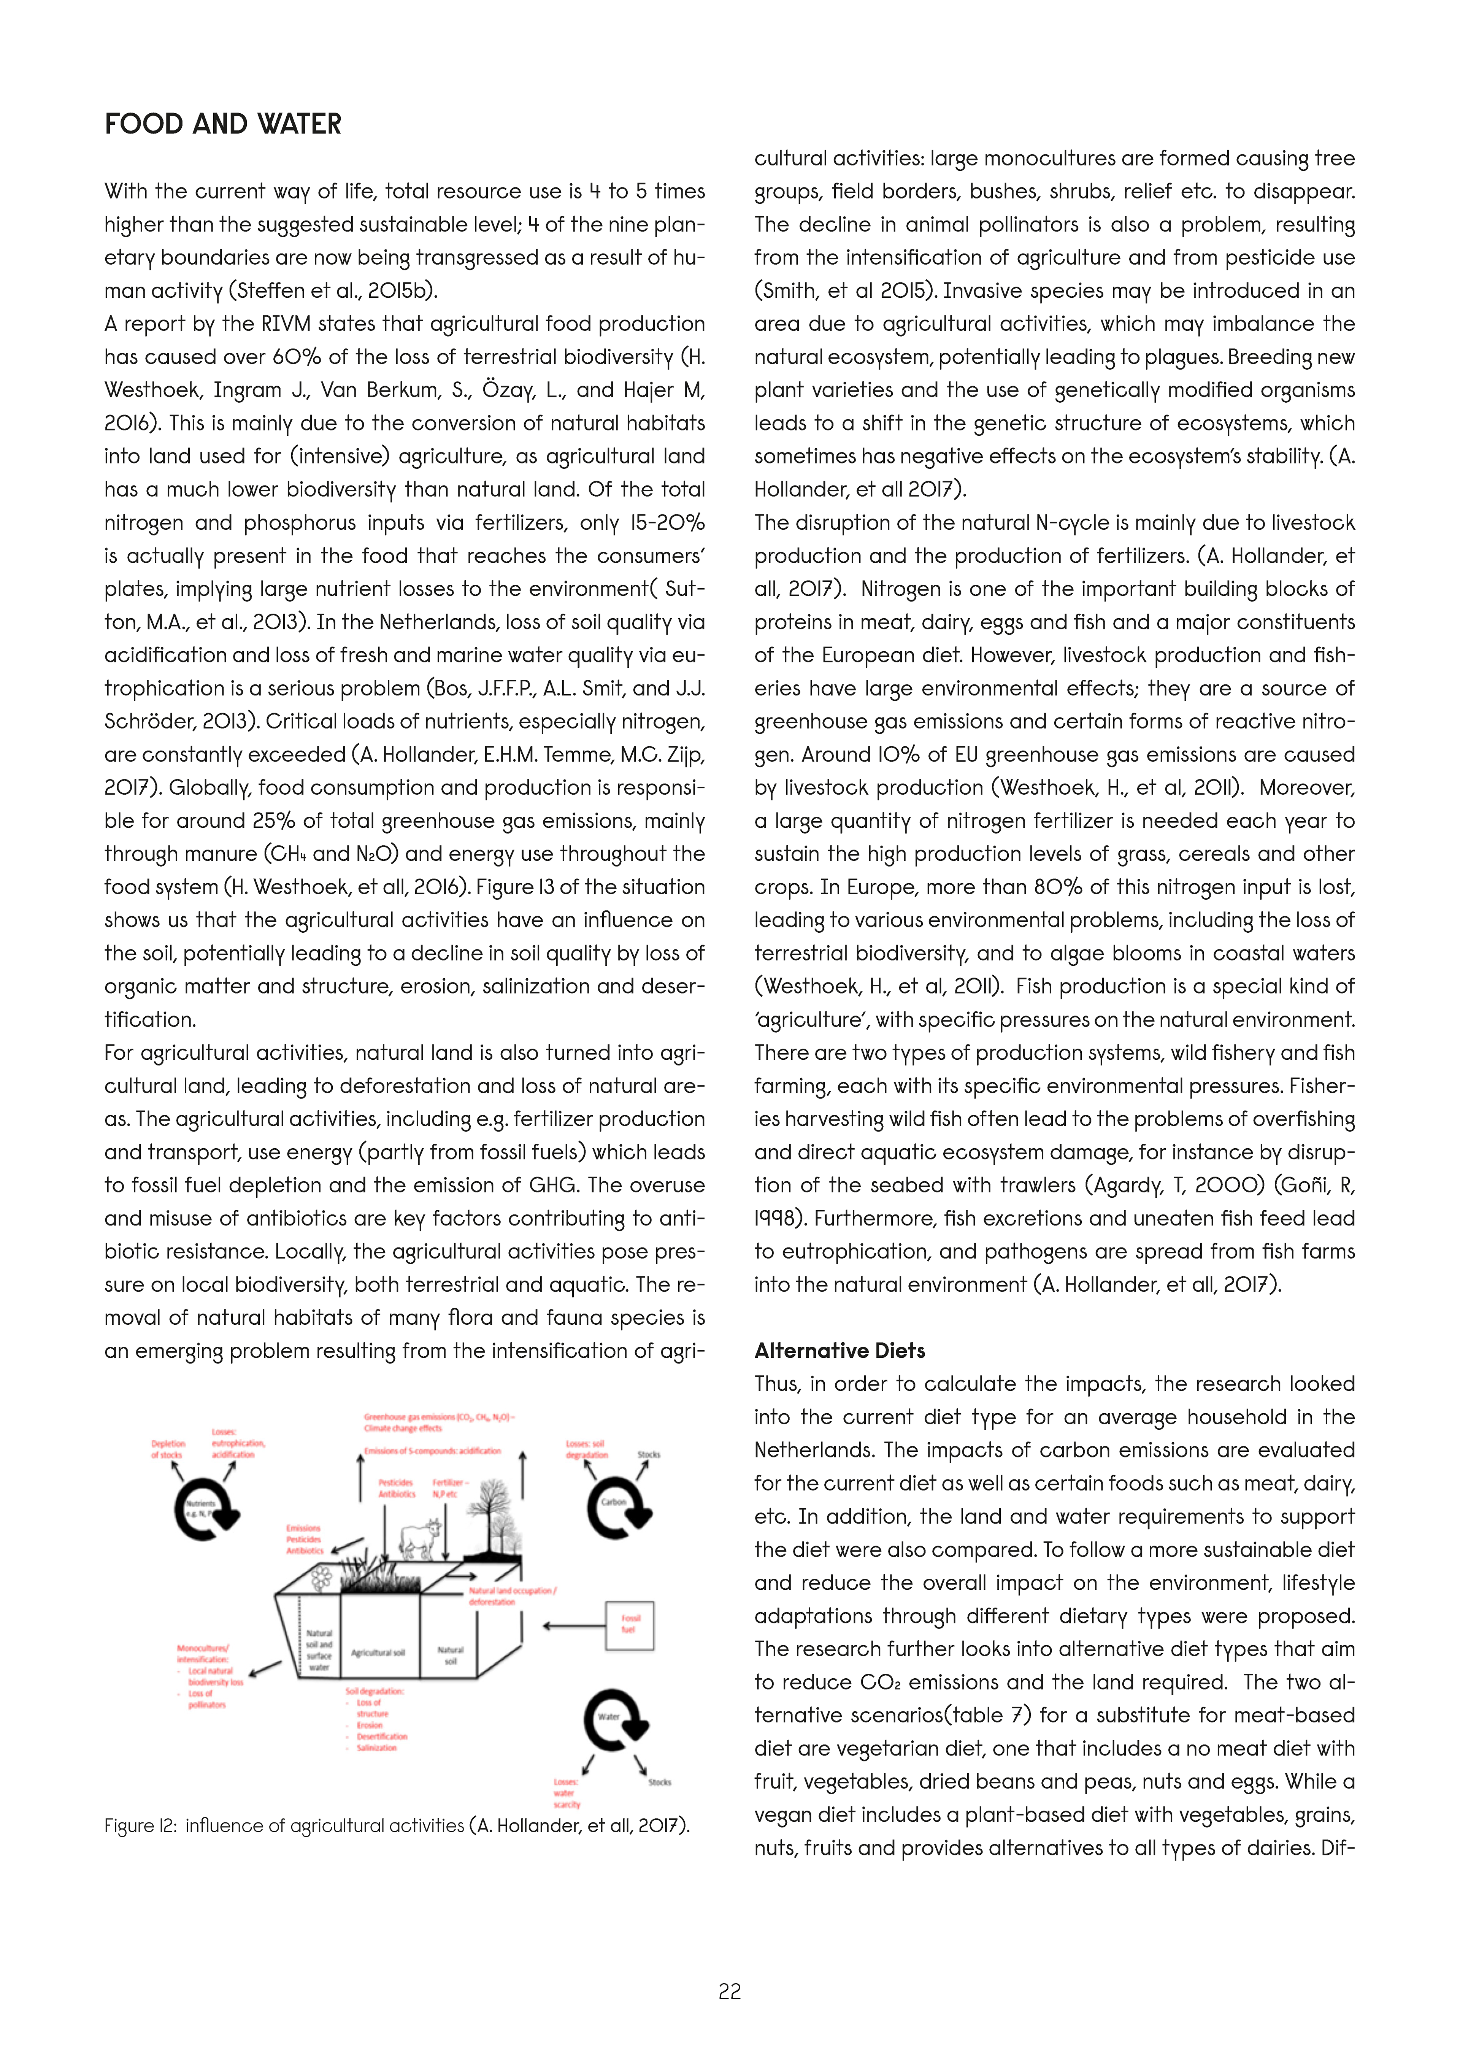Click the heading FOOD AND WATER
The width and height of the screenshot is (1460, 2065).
[x=223, y=124]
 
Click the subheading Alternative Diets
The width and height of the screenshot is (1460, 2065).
[x=839, y=1351]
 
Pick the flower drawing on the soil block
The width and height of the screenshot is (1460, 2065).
[x=321, y=1578]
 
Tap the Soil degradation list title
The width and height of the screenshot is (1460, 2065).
[x=374, y=1692]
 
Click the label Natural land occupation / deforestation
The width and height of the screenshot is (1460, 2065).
[x=512, y=1595]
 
